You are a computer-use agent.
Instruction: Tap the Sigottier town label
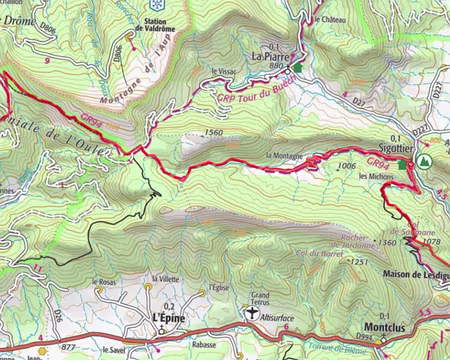pyautogui.click(x=396, y=147)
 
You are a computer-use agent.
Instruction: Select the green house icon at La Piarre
pyautogui.click(x=297, y=67)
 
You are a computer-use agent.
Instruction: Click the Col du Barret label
pyautogui.click(x=315, y=255)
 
